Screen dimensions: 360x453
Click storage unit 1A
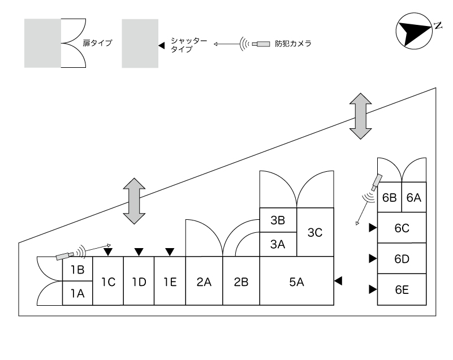[x=77, y=293]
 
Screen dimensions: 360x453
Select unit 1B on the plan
[x=77, y=270]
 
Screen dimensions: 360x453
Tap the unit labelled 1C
[x=108, y=281]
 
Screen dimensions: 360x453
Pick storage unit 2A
[x=204, y=281]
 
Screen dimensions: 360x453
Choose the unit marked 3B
[x=278, y=220]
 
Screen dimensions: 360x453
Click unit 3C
[x=315, y=232]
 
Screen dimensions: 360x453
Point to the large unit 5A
[x=296, y=281]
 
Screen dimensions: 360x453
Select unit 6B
[x=389, y=198]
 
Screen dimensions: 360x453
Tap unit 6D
[x=402, y=259]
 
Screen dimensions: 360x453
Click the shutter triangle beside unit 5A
[x=338, y=281]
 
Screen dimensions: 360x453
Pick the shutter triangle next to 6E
[x=372, y=290]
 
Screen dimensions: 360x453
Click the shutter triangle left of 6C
[x=372, y=228]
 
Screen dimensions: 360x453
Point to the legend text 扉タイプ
[x=101, y=43]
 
